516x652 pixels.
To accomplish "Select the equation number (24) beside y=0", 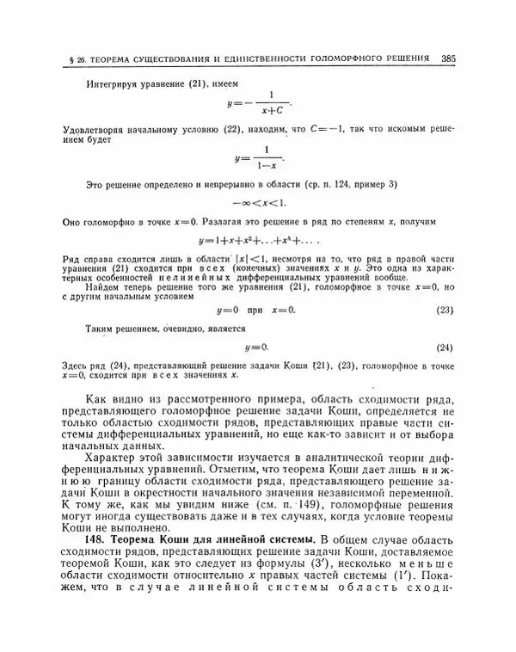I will pos(445,348).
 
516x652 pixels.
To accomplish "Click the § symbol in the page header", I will pos(67,60).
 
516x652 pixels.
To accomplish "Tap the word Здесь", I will pos(77,367).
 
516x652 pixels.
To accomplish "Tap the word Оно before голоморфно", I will pos(72,222).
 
